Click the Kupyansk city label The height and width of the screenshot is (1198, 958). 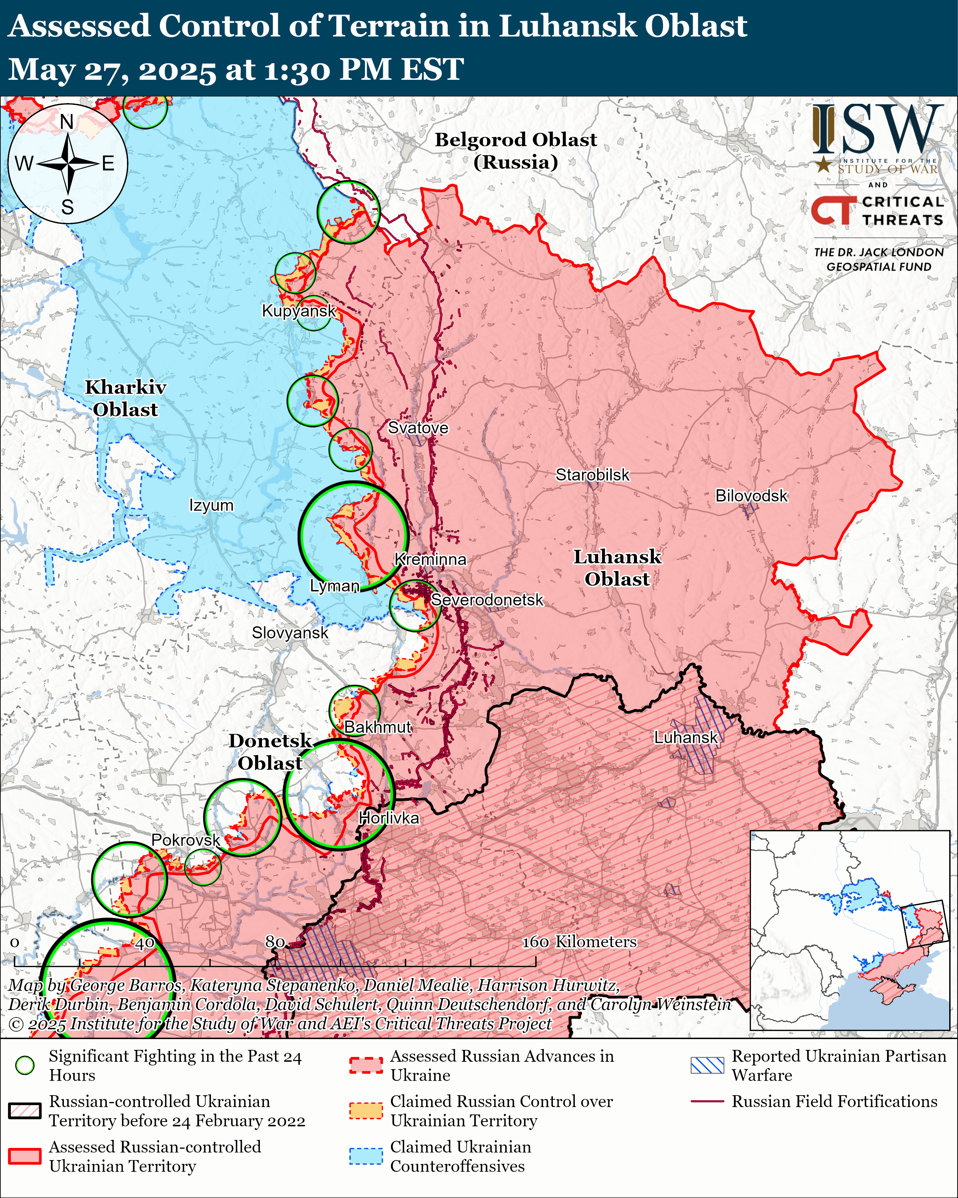299,311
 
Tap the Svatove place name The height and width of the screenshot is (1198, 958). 418,428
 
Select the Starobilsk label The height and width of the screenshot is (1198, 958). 593,475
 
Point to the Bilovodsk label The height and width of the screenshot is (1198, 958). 751,496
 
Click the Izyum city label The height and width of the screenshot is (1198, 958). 211,506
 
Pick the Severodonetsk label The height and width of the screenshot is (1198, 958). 487,600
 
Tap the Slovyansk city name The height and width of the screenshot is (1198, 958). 290,633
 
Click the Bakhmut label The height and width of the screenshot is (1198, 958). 378,727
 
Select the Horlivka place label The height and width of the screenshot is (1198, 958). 389,818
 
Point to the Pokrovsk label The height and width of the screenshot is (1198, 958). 186,840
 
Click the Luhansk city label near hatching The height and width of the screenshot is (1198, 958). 686,737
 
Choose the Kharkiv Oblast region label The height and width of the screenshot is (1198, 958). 125,398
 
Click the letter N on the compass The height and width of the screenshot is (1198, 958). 67,122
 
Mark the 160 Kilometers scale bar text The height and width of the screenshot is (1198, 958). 579,941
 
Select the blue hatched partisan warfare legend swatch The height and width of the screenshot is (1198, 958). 707,1065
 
